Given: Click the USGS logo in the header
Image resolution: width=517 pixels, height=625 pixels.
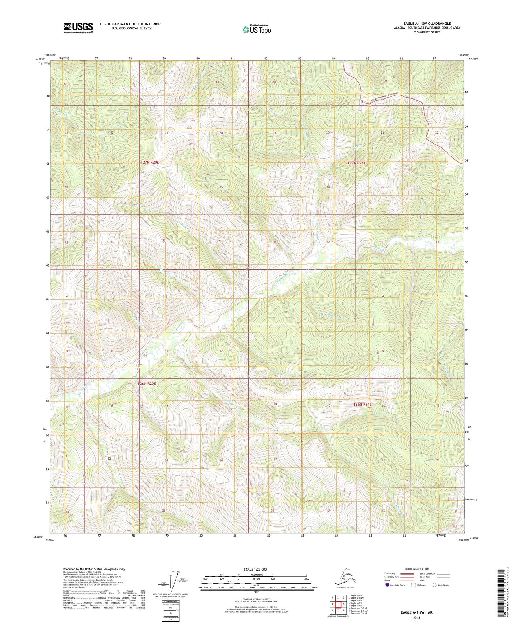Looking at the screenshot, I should [78, 28].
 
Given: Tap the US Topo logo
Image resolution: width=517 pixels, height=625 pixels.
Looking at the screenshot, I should [256, 29].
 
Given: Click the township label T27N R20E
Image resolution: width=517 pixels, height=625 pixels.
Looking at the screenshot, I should [150, 162].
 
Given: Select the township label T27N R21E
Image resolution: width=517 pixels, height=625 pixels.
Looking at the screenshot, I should [357, 163].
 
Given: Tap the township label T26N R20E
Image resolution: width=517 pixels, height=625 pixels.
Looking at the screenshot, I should [147, 384].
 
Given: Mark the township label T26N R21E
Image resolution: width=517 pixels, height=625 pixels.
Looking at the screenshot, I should [362, 404].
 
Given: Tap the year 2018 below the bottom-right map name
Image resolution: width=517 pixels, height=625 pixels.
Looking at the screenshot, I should [416, 617].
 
